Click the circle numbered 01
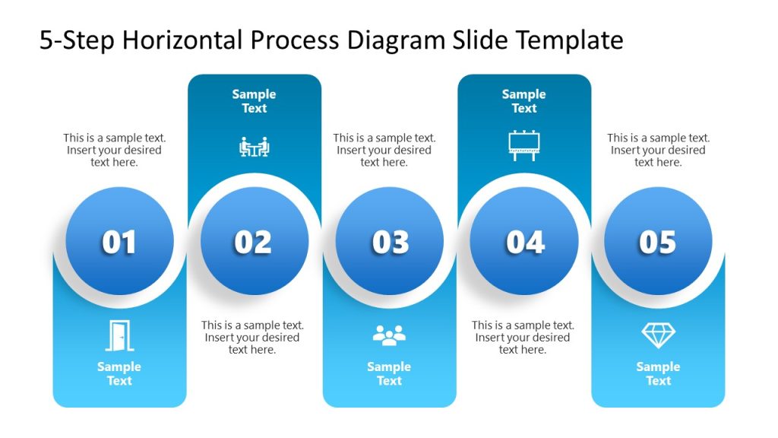pyautogui.click(x=119, y=241)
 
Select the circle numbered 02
pyautogui.click(x=254, y=241)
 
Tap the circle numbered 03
pyautogui.click(x=389, y=241)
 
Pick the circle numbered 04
pyautogui.click(x=524, y=241)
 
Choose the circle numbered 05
pyautogui.click(x=658, y=241)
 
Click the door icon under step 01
pyautogui.click(x=119, y=335)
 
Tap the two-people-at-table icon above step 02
pyautogui.click(x=254, y=147)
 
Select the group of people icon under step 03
pyautogui.click(x=389, y=335)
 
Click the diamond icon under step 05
pyautogui.click(x=658, y=335)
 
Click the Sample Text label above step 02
pyautogui.click(x=254, y=101)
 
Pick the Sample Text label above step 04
pyautogui.click(x=523, y=101)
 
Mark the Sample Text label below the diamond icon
pyautogui.click(x=658, y=373)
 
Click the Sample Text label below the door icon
pyautogui.click(x=119, y=373)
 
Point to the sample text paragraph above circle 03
pyautogui.click(x=384, y=150)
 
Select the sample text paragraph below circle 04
pyautogui.click(x=523, y=337)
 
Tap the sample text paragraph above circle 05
pyautogui.click(x=658, y=150)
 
